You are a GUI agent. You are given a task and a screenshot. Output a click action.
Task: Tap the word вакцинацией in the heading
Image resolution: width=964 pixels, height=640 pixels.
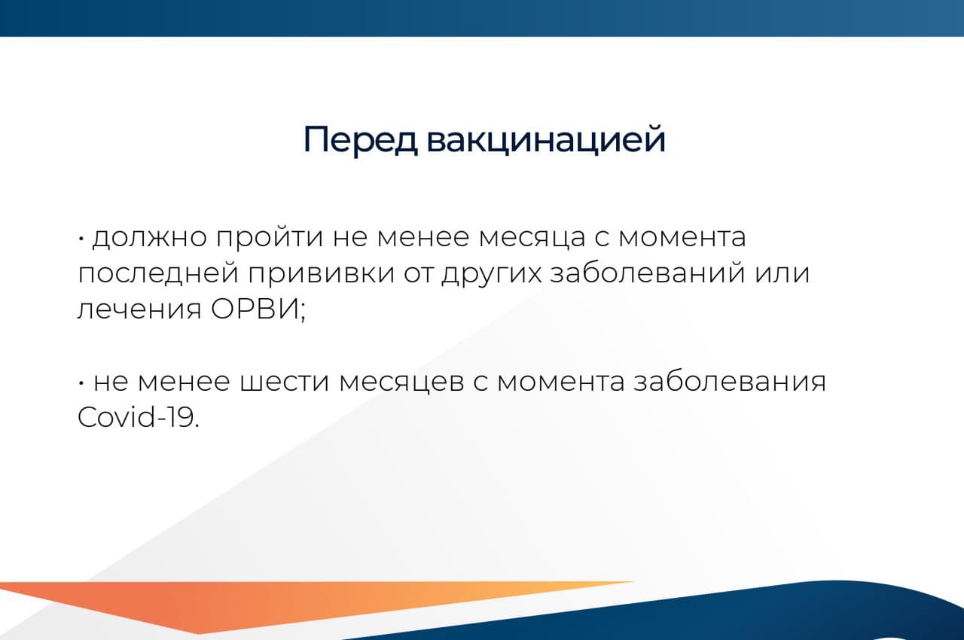point(546,141)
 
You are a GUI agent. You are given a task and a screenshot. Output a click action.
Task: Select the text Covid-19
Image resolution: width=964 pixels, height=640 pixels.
point(138,419)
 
